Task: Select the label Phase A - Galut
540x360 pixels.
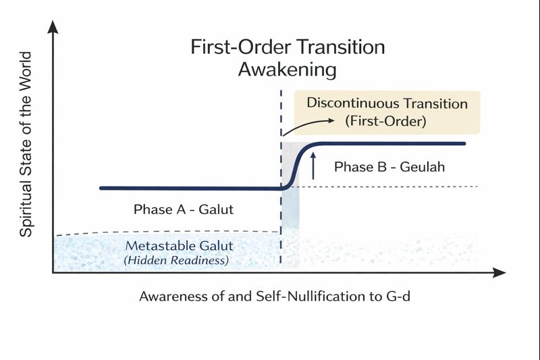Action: (x=184, y=209)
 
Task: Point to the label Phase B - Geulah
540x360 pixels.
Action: (x=389, y=167)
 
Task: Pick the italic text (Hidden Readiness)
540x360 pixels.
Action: (x=176, y=260)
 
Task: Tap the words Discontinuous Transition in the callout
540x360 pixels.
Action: (x=387, y=103)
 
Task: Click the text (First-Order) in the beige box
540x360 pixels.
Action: (x=387, y=122)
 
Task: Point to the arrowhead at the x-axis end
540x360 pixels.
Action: (x=500, y=273)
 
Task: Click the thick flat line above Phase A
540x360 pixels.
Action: (x=189, y=188)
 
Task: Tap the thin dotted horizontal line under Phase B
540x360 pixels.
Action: (x=405, y=186)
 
